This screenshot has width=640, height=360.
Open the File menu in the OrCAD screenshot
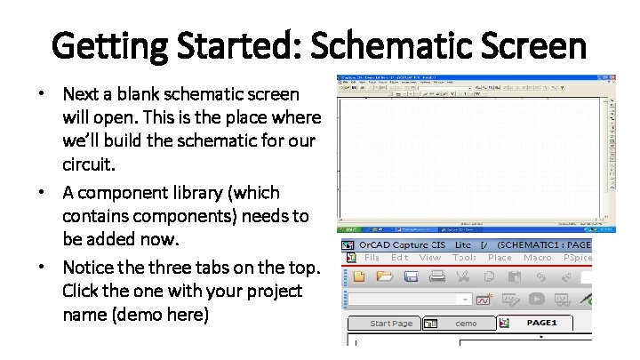tap(372, 258)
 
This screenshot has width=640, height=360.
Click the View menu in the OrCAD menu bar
tap(430, 258)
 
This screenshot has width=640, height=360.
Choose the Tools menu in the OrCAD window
tap(464, 258)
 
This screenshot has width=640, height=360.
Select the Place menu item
tap(500, 258)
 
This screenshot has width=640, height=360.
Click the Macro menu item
tap(538, 258)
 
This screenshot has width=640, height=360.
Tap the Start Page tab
tap(391, 324)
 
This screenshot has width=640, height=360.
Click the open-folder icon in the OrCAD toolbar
tap(385, 276)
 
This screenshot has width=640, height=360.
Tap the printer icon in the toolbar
tap(436, 276)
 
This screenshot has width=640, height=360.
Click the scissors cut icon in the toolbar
tap(463, 276)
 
